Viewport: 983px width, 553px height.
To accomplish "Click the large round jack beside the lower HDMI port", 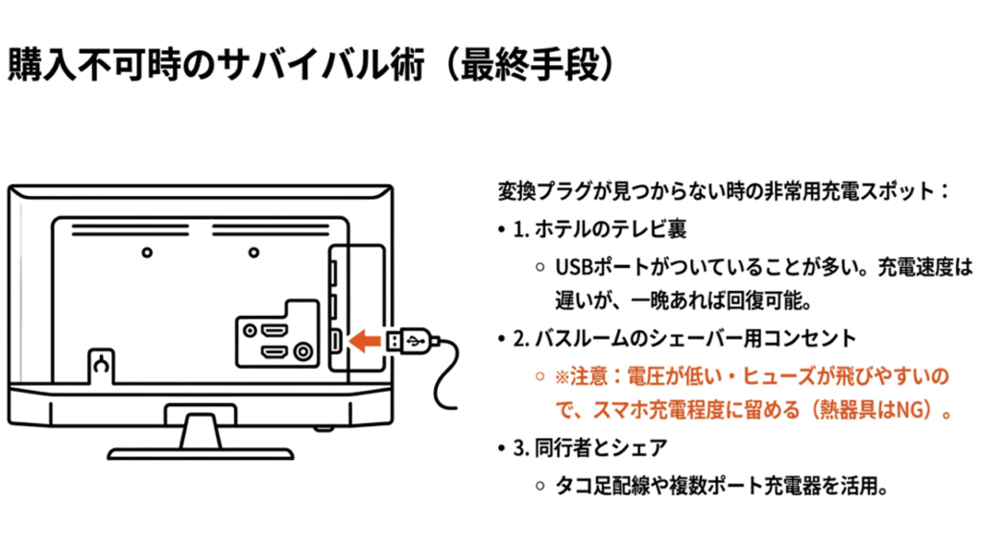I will click(304, 352).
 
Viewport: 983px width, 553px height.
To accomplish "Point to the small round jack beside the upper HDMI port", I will click(251, 330).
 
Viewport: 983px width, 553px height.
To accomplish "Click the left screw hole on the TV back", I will click(145, 252).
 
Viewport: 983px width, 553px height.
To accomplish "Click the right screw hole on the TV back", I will click(252, 252).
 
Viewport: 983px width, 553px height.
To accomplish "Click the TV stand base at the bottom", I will click(200, 449).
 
